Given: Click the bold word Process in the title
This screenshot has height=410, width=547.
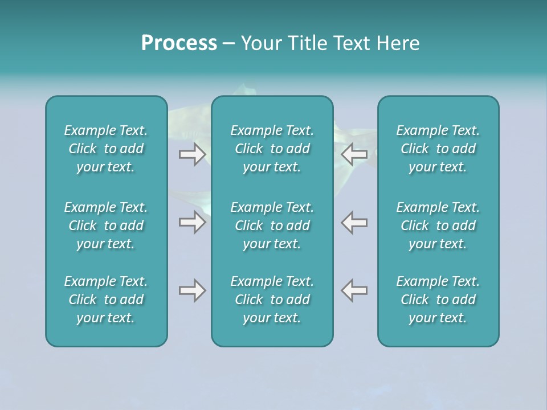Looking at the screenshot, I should [x=179, y=43].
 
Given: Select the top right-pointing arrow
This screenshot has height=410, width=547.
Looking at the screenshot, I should [x=192, y=154].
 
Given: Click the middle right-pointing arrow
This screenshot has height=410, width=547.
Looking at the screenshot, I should [x=192, y=222].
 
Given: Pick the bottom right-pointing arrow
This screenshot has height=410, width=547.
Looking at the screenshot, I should [x=192, y=290].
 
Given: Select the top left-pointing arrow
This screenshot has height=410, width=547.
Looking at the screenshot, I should [x=354, y=154].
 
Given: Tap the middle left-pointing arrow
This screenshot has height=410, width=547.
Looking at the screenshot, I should [x=354, y=222].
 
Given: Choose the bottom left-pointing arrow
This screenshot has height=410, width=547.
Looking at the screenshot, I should [x=354, y=290].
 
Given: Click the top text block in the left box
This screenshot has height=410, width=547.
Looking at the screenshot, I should [x=106, y=149].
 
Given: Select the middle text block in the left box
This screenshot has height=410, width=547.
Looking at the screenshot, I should [x=106, y=225].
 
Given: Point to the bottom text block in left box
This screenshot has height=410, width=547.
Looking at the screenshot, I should [x=106, y=300].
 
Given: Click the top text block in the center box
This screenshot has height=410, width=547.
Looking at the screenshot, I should [x=272, y=149].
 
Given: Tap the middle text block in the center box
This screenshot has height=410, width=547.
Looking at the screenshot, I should [x=272, y=225].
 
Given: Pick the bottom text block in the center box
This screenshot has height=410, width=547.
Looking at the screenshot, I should [x=272, y=300].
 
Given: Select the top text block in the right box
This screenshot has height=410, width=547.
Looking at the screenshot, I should [x=438, y=149].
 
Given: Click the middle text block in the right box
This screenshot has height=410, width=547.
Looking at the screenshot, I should [x=438, y=225].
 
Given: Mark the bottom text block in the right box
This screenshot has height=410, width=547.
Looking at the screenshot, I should [x=438, y=300].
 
